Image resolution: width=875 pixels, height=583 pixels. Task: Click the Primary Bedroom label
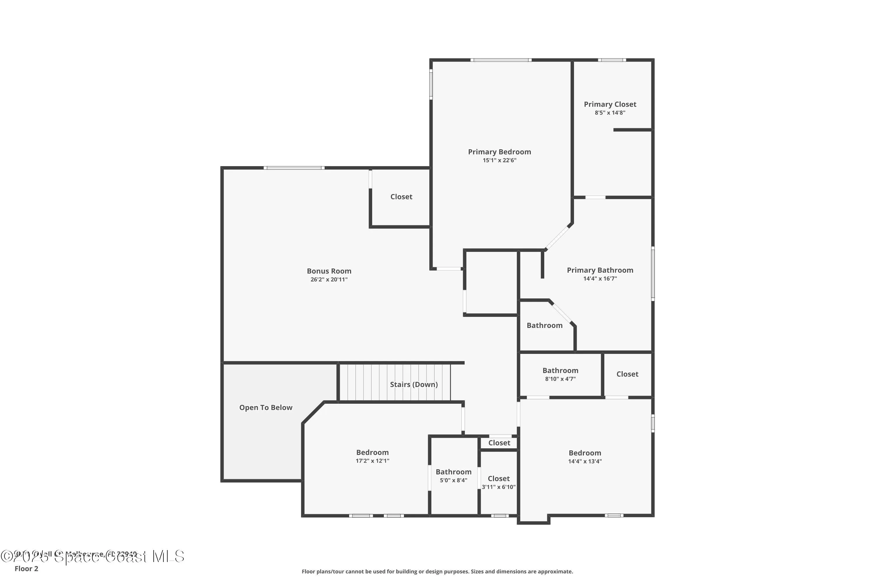click(499, 152)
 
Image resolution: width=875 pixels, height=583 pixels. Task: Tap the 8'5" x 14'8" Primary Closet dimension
click(610, 113)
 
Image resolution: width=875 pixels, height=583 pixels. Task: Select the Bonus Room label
click(329, 271)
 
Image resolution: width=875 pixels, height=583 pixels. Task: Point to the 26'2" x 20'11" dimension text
click(329, 280)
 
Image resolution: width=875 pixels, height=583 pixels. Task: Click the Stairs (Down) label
click(414, 384)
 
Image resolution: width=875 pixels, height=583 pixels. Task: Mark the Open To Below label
click(266, 408)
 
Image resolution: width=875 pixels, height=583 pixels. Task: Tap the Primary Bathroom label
click(600, 270)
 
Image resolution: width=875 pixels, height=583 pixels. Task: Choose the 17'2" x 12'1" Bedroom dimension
click(372, 461)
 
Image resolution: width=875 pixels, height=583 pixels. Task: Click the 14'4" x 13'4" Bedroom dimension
click(584, 461)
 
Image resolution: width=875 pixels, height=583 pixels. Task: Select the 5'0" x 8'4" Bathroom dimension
click(453, 480)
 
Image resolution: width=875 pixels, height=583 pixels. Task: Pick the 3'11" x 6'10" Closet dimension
click(498, 487)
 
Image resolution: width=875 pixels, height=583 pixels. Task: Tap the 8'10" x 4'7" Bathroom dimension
click(560, 379)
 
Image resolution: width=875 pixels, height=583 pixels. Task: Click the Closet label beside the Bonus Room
click(401, 197)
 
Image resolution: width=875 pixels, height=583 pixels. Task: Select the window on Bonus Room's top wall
click(294, 168)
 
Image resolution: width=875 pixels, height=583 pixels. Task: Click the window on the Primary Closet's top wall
click(612, 60)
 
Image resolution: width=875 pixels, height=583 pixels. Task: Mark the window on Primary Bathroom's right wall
click(653, 273)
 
